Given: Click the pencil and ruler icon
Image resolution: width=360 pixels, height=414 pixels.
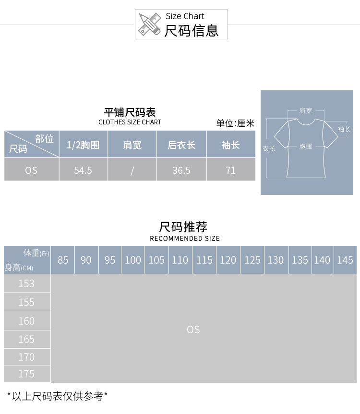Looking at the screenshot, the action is click(x=149, y=24).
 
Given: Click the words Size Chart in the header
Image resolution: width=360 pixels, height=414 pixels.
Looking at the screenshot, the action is click(x=185, y=16).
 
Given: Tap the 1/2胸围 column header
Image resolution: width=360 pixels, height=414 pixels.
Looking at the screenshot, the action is click(x=83, y=145).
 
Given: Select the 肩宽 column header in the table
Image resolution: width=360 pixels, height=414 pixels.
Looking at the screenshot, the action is click(x=132, y=145).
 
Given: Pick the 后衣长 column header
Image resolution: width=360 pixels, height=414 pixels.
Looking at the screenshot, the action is click(x=181, y=145).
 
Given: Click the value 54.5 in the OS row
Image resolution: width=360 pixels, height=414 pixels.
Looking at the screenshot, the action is click(x=83, y=170).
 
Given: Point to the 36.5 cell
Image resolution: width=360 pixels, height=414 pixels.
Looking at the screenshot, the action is click(x=181, y=170).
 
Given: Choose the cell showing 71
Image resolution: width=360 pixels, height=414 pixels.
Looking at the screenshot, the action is click(x=231, y=170).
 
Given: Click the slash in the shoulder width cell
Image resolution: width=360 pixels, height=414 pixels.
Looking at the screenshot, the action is click(x=132, y=170).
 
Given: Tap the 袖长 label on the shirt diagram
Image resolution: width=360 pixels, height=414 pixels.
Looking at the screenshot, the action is click(x=344, y=129).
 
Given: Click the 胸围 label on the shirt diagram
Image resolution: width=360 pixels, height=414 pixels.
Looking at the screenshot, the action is click(x=306, y=146).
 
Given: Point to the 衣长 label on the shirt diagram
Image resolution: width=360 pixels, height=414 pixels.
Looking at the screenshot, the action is click(x=269, y=149).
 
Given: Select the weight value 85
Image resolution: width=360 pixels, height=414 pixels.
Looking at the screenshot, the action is click(x=63, y=260).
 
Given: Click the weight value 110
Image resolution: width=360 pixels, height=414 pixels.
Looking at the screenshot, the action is click(x=180, y=260).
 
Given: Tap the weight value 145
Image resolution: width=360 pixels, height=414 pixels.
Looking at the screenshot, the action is click(x=345, y=260).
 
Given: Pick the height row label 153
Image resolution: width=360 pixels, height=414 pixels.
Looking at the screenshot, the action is click(x=26, y=283).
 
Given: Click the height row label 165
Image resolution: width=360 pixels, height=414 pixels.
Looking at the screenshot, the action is click(x=26, y=339).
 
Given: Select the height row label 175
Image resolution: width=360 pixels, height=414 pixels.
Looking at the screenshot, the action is click(x=26, y=374).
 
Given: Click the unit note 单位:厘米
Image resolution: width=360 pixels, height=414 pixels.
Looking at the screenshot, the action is click(x=235, y=123).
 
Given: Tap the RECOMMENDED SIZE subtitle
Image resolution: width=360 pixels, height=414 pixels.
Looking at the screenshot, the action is click(x=185, y=238).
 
